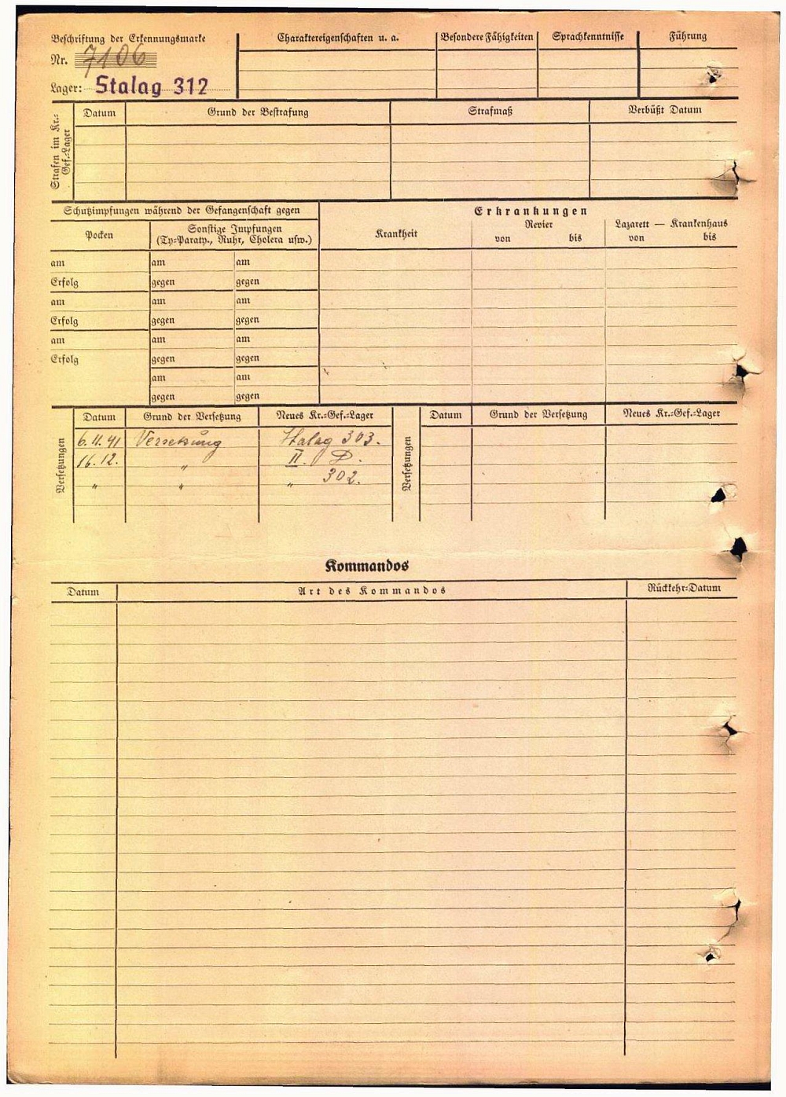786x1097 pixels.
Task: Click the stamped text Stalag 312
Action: (152, 86)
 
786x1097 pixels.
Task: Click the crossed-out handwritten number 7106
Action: (115, 58)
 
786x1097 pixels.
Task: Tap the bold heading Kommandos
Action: (367, 566)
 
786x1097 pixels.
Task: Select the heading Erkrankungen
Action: (531, 211)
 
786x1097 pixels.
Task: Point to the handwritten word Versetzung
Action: (178, 441)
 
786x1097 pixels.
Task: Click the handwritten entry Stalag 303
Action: (329, 439)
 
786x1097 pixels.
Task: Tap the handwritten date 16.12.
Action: (97, 461)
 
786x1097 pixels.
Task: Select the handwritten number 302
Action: (340, 476)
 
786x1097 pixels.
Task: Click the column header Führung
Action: (688, 37)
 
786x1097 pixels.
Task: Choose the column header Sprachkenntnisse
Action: (588, 37)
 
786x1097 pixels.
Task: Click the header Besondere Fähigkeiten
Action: (487, 37)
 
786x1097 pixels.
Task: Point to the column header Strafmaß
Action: (490, 112)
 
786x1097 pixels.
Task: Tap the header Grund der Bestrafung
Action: (258, 112)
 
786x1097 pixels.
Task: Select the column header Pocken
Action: (99, 235)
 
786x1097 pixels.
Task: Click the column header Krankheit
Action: (395, 234)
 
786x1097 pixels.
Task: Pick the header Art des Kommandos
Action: (372, 591)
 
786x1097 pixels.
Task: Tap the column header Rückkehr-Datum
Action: (683, 589)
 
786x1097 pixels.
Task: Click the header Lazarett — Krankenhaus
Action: (671, 224)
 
